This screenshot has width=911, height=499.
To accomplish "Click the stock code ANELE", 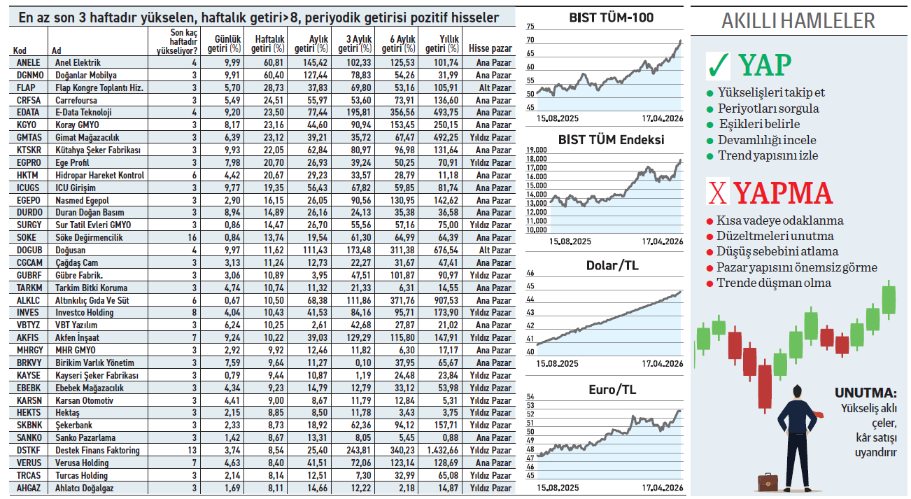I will click(29, 62).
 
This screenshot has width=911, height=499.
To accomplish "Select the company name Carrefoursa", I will click(75, 100).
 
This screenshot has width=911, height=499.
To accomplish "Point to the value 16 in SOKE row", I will click(192, 238).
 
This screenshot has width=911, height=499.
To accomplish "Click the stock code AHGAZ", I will click(29, 489).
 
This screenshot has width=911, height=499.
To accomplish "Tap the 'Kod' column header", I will click(20, 50).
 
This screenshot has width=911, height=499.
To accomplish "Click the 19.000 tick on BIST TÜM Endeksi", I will click(536, 150).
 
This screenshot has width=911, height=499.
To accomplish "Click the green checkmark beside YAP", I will click(719, 65).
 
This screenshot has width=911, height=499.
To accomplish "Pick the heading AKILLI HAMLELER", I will click(798, 21).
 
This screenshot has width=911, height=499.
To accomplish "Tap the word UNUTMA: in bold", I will click(865, 393).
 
